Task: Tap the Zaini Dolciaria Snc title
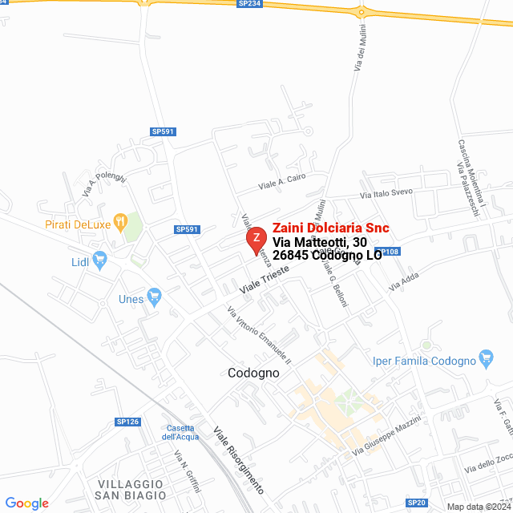pos(331,228)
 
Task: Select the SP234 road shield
pos(249,4)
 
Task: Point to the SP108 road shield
pos(387,252)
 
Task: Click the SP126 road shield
pos(127,422)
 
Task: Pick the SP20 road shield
pos(417,503)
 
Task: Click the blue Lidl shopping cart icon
pos(100,261)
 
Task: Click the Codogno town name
pos(253,373)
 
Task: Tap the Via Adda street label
pos(405,282)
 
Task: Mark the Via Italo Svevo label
pos(386,193)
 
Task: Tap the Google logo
pos(26,503)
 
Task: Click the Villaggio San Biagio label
pos(130,490)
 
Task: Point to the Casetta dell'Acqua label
pos(180,432)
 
